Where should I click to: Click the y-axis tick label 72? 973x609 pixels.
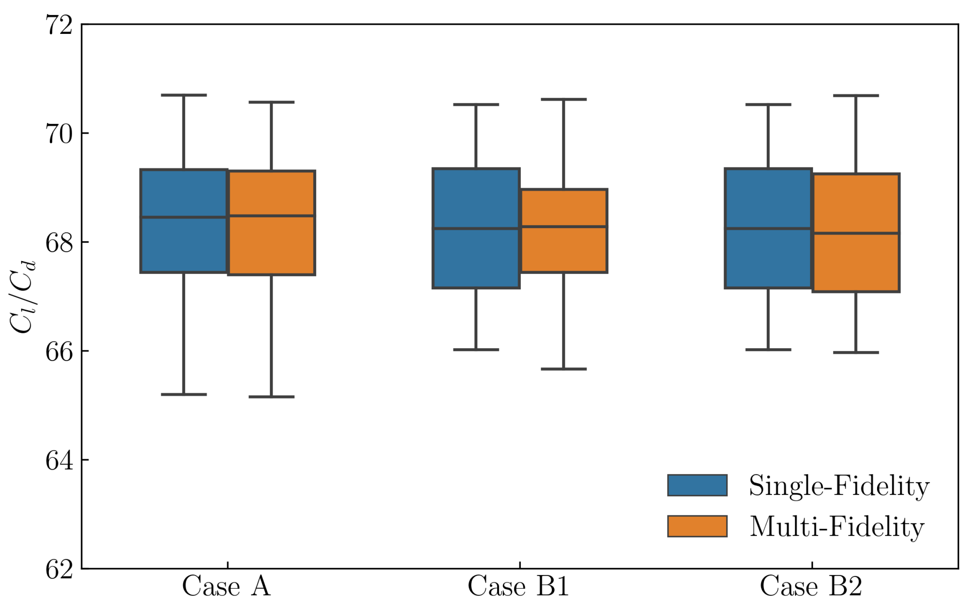pos(59,25)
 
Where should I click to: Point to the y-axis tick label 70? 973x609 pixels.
pos(59,134)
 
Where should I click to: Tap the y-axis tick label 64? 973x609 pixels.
pos(59,461)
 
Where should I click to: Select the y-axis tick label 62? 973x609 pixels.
pos(59,570)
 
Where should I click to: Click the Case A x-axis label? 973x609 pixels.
pos(227,586)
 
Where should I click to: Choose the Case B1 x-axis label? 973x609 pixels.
pos(518,586)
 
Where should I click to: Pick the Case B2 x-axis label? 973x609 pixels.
pos(811,586)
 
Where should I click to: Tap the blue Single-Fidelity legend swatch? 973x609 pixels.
pos(697,485)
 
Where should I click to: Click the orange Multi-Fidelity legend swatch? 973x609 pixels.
pos(697,527)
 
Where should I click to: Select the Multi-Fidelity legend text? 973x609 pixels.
pos(837,527)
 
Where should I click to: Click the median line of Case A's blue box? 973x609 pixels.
pos(184,217)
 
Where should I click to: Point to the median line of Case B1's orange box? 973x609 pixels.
pos(563,227)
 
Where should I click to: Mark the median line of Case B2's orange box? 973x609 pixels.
pos(856,233)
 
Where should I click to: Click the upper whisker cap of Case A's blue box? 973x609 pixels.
pos(184,96)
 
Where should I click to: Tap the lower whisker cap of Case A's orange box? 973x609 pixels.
pos(272,397)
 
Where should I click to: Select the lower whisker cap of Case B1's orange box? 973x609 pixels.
pos(563,369)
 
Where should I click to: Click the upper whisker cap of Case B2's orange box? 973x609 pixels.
pos(856,96)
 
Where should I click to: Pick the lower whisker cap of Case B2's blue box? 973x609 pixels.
pos(768,349)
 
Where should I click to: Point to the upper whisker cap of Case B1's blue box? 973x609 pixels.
pos(476,105)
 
